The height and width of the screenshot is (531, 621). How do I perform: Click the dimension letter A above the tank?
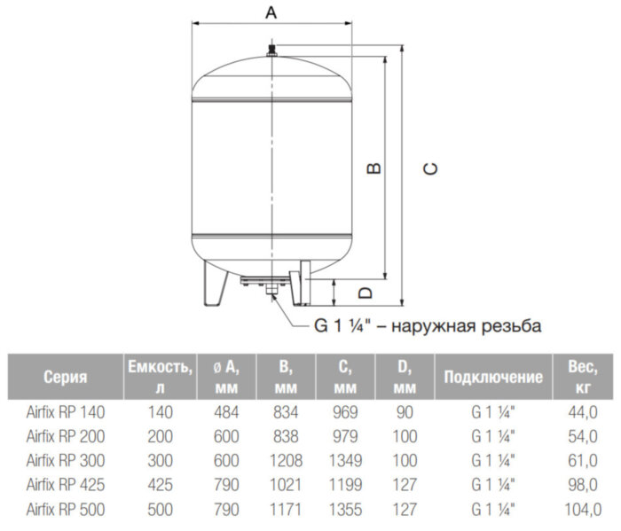click(271, 12)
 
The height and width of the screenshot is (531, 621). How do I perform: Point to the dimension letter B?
click(375, 168)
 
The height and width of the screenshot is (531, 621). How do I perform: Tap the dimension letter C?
click(430, 168)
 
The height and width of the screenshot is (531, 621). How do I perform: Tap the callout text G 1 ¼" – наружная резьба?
click(428, 325)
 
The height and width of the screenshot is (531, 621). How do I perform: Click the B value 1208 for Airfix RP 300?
click(285, 461)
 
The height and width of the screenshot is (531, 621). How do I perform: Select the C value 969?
click(347, 412)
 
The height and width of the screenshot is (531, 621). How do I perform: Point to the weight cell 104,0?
click(582, 510)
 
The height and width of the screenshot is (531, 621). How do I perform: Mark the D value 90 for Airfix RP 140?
click(404, 412)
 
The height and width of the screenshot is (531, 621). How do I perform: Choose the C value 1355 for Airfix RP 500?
click(347, 510)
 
